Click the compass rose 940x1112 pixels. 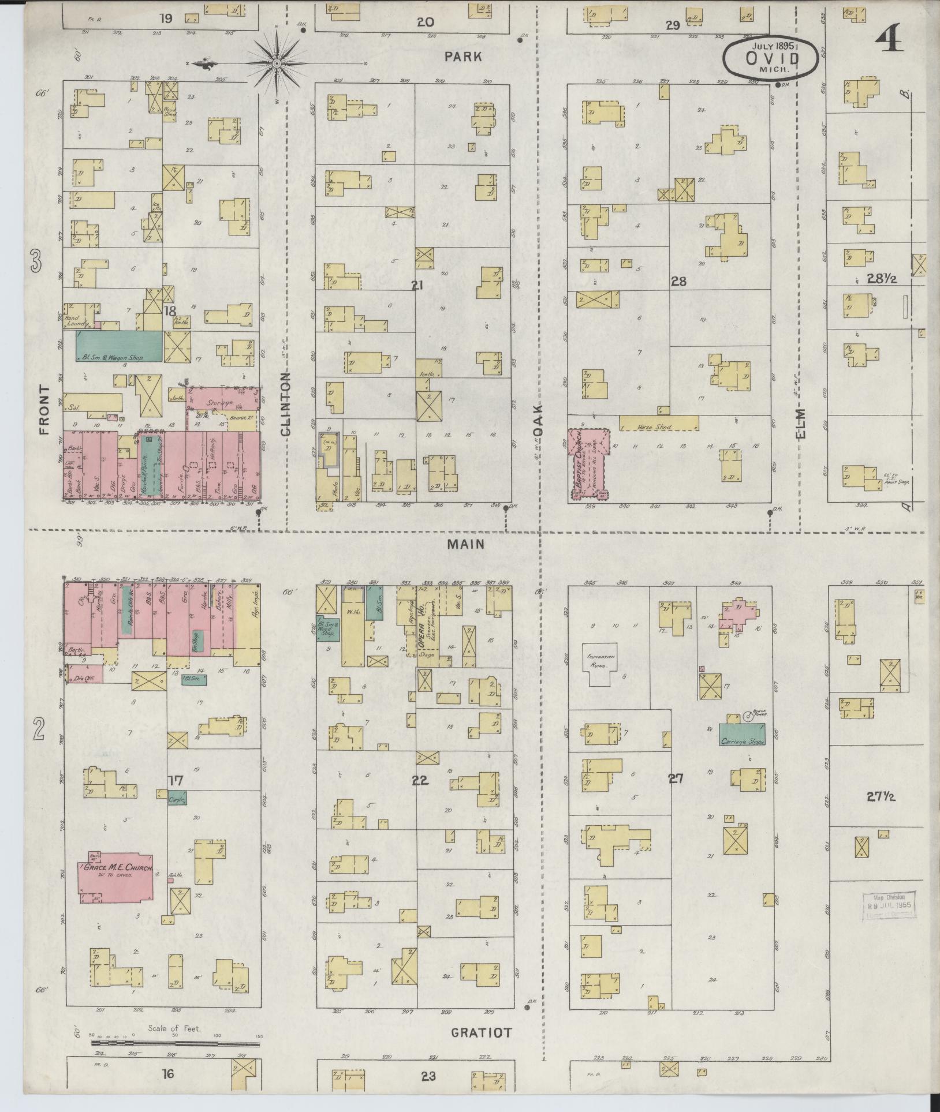click(x=276, y=63)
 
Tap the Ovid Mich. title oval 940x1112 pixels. click(x=771, y=58)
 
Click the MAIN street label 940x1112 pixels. click(x=464, y=544)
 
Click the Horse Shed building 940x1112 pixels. click(x=659, y=423)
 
